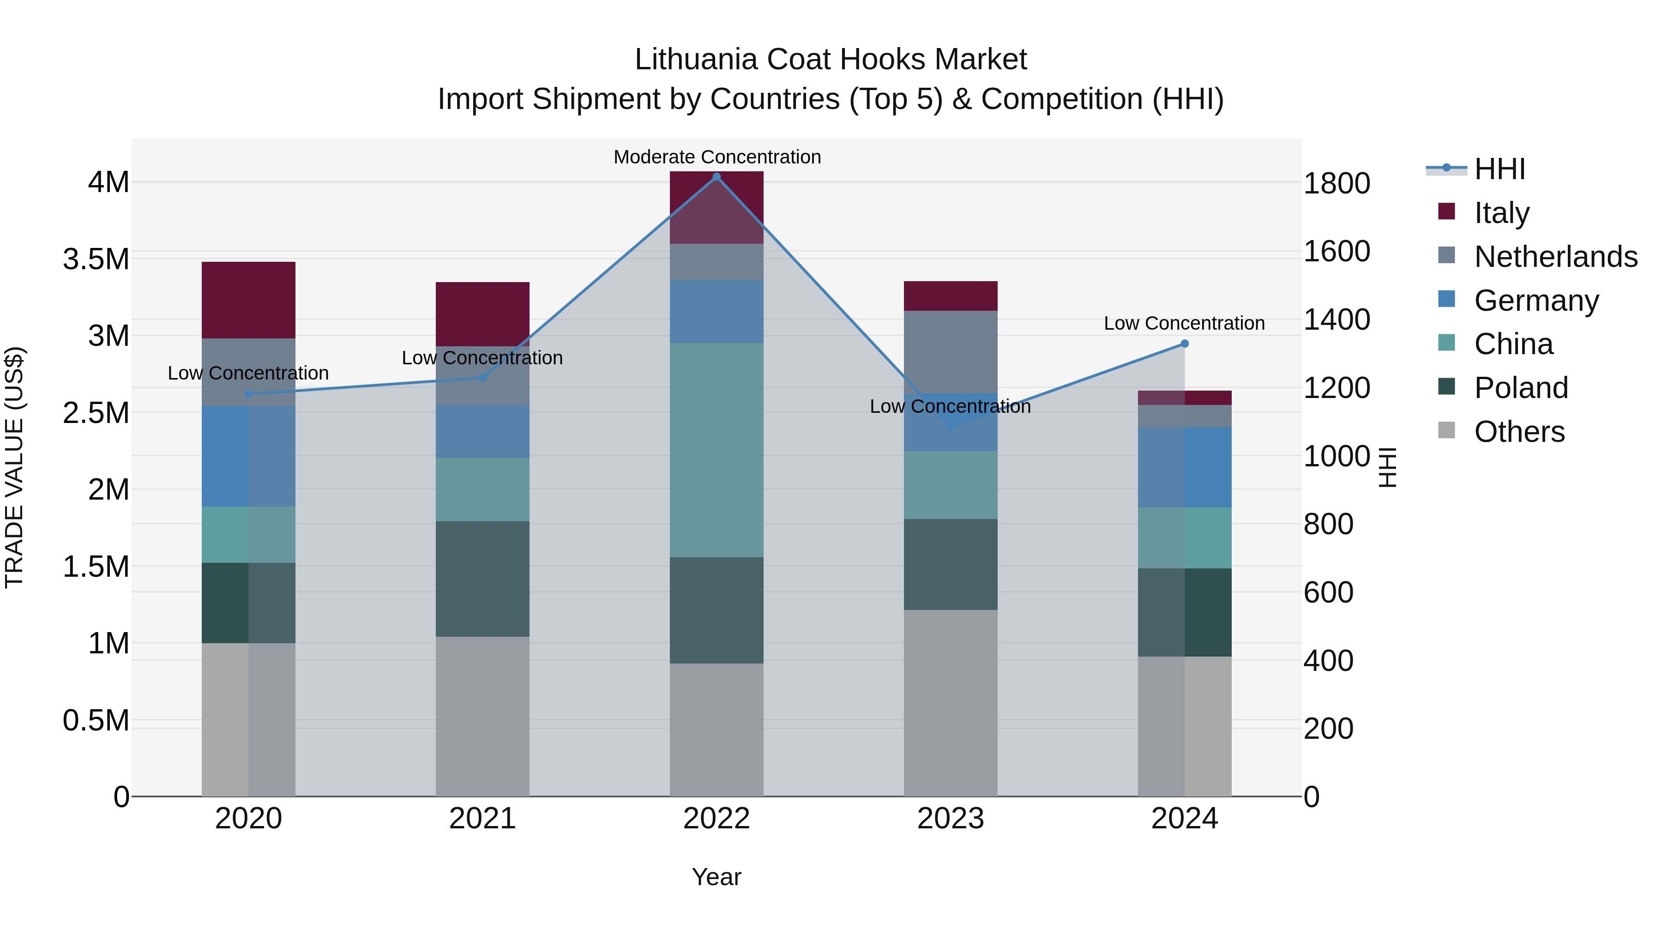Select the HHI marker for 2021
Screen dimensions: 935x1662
(x=482, y=378)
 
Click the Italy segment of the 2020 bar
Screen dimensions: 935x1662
(x=248, y=300)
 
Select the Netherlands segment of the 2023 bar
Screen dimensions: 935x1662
(x=951, y=352)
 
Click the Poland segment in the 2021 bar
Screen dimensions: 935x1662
(x=482, y=579)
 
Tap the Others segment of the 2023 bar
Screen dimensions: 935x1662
(x=951, y=703)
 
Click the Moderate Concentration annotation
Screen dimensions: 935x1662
(x=717, y=157)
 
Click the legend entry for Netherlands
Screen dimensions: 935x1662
(x=1555, y=257)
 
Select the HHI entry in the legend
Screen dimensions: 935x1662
(x=1499, y=169)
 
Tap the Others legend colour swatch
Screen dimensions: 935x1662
(x=1447, y=430)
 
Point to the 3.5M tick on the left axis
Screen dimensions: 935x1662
(x=96, y=259)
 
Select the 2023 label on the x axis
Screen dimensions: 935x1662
(x=951, y=819)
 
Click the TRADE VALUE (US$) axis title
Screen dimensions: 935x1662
(x=14, y=467)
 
